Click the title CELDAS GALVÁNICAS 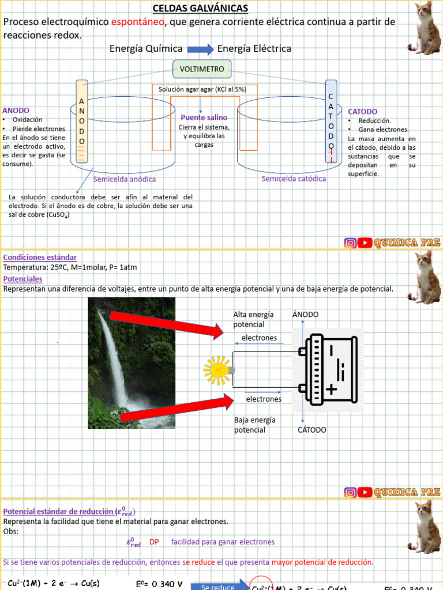point(200,8)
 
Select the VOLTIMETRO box point(202,69)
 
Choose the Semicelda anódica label point(125,179)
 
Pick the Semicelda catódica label point(294,179)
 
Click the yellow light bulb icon point(217,370)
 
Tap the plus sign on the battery point(331,390)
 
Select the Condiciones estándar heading point(40,257)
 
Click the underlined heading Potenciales point(22,279)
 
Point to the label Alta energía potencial point(253,319)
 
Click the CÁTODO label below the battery point(312,430)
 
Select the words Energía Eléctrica point(254,49)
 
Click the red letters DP point(154,542)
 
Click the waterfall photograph point(132,363)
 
